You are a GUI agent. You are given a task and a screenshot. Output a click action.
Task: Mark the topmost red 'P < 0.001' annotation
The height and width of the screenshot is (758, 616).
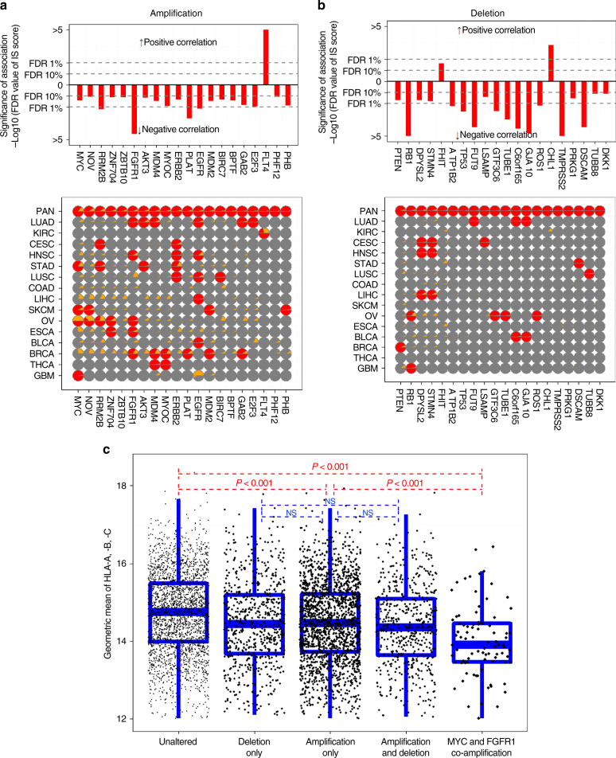coord(331,464)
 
